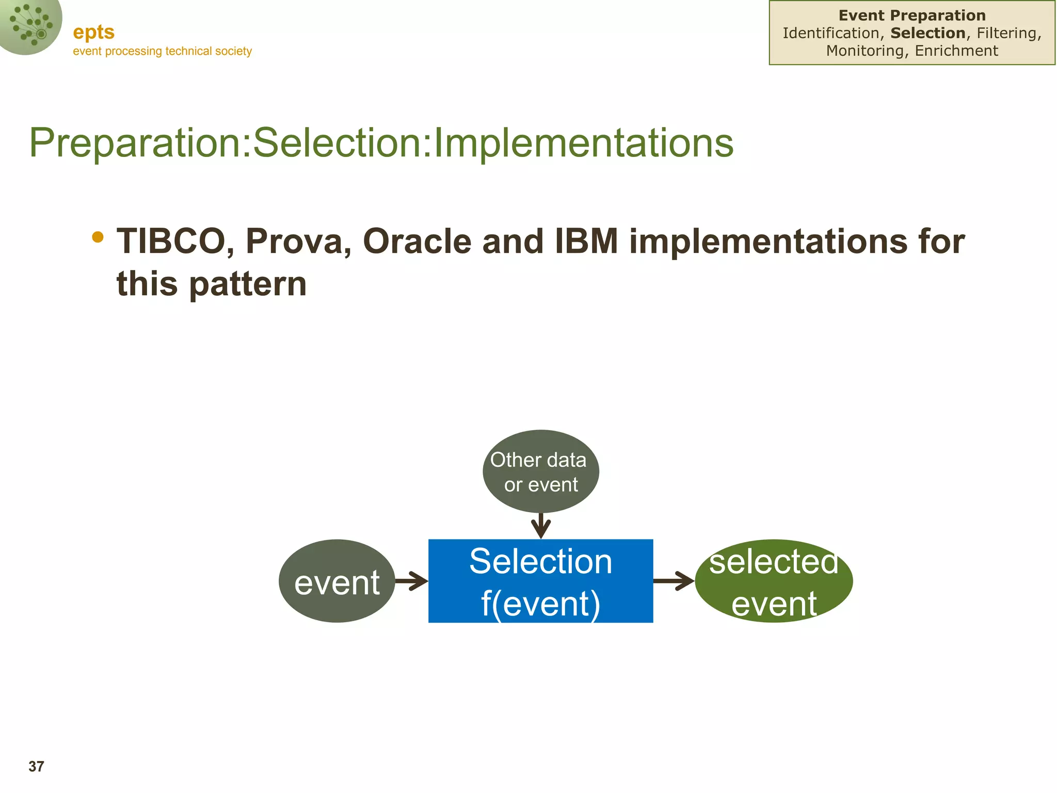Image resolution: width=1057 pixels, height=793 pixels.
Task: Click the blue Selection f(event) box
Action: (x=540, y=581)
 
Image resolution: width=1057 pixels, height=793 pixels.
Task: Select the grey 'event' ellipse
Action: (x=337, y=581)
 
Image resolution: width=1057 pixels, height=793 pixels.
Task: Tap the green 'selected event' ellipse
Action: (x=774, y=581)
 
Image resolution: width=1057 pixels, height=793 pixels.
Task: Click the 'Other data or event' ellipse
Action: (x=540, y=471)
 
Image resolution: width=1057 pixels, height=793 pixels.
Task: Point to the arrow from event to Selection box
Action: (x=411, y=581)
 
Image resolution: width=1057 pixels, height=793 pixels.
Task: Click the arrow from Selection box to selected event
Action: (x=674, y=581)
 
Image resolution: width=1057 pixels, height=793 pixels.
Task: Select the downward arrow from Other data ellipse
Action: (x=540, y=526)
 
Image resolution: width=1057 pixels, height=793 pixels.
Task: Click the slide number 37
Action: (x=36, y=767)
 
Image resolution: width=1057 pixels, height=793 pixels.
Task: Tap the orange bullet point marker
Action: (x=98, y=237)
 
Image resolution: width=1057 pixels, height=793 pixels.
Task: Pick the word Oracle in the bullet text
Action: (x=417, y=242)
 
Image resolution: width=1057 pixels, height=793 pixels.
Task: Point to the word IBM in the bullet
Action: (x=586, y=242)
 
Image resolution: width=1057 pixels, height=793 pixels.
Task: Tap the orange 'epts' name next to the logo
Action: (x=93, y=32)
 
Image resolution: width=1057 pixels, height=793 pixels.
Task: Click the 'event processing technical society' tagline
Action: (x=162, y=51)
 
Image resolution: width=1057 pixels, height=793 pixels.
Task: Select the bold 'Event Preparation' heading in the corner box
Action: (x=912, y=15)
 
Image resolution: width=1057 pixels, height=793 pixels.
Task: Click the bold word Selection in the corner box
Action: (x=928, y=33)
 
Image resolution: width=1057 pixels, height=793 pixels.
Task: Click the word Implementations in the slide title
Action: (x=583, y=143)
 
